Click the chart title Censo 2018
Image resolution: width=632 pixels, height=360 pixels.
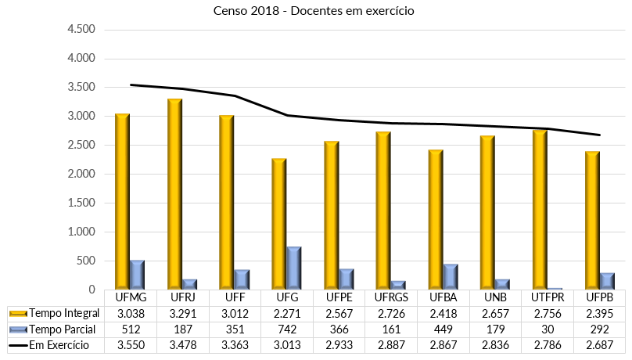click(313, 12)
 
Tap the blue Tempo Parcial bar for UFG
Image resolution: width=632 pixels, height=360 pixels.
click(293, 268)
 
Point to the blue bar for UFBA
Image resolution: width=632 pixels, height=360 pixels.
click(450, 276)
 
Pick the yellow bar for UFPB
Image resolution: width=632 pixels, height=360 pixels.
click(592, 220)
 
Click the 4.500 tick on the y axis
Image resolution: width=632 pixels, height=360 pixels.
click(81, 30)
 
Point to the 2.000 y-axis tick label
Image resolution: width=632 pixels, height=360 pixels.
click(81, 175)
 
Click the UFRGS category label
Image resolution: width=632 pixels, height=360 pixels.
click(390, 298)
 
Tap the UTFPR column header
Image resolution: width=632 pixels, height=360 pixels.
click(548, 298)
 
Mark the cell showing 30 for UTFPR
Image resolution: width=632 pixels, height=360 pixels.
click(548, 329)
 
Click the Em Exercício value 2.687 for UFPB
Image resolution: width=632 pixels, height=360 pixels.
click(600, 345)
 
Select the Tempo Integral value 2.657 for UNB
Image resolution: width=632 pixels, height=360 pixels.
click(495, 314)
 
